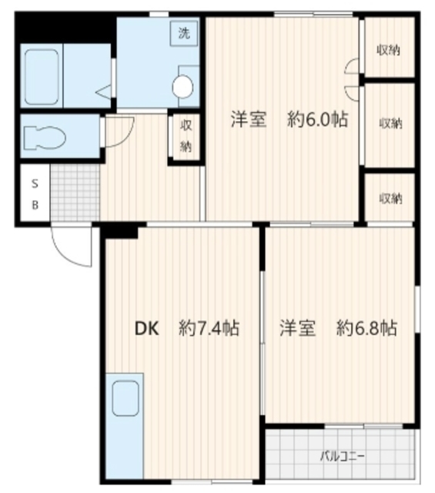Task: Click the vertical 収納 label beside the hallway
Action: (x=186, y=136)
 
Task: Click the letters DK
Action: (x=147, y=329)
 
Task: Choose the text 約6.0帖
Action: (x=317, y=119)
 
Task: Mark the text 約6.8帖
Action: (x=366, y=329)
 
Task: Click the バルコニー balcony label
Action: (x=343, y=455)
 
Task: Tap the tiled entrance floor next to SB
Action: (x=75, y=193)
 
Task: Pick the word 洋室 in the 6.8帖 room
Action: (x=297, y=329)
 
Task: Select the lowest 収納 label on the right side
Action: (x=390, y=198)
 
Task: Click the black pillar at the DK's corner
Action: (x=121, y=230)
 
